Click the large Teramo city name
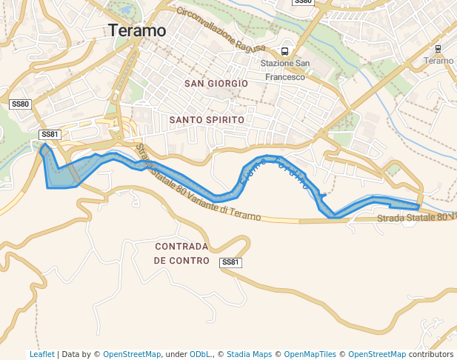[x=137, y=30]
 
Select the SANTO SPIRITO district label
[x=207, y=119]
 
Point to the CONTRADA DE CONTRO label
[x=182, y=253]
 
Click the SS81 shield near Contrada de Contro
[x=231, y=262]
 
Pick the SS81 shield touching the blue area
[x=50, y=134]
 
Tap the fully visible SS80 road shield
[x=20, y=104]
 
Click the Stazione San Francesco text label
[x=283, y=70]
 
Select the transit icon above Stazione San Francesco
[x=284, y=52]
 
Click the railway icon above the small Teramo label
[x=438, y=49]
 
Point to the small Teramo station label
[x=440, y=61]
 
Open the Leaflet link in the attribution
[x=42, y=354]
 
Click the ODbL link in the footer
[x=200, y=354]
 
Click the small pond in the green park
[x=125, y=10]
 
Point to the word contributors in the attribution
[x=430, y=354]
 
